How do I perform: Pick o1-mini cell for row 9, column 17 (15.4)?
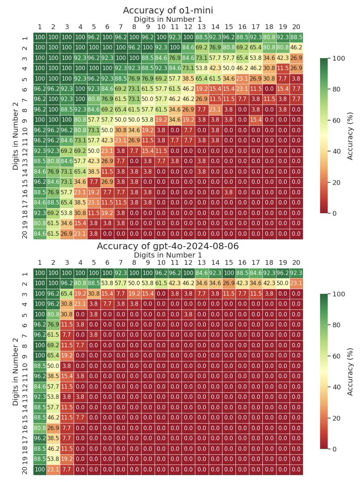[256, 116]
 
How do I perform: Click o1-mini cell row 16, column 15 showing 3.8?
[229, 186]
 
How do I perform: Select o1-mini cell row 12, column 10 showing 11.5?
[161, 146]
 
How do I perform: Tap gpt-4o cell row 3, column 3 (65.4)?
[67, 293]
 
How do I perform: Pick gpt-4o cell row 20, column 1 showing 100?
[40, 461]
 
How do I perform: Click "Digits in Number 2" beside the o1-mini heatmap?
[16, 136]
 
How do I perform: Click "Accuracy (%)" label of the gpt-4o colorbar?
[350, 371]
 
